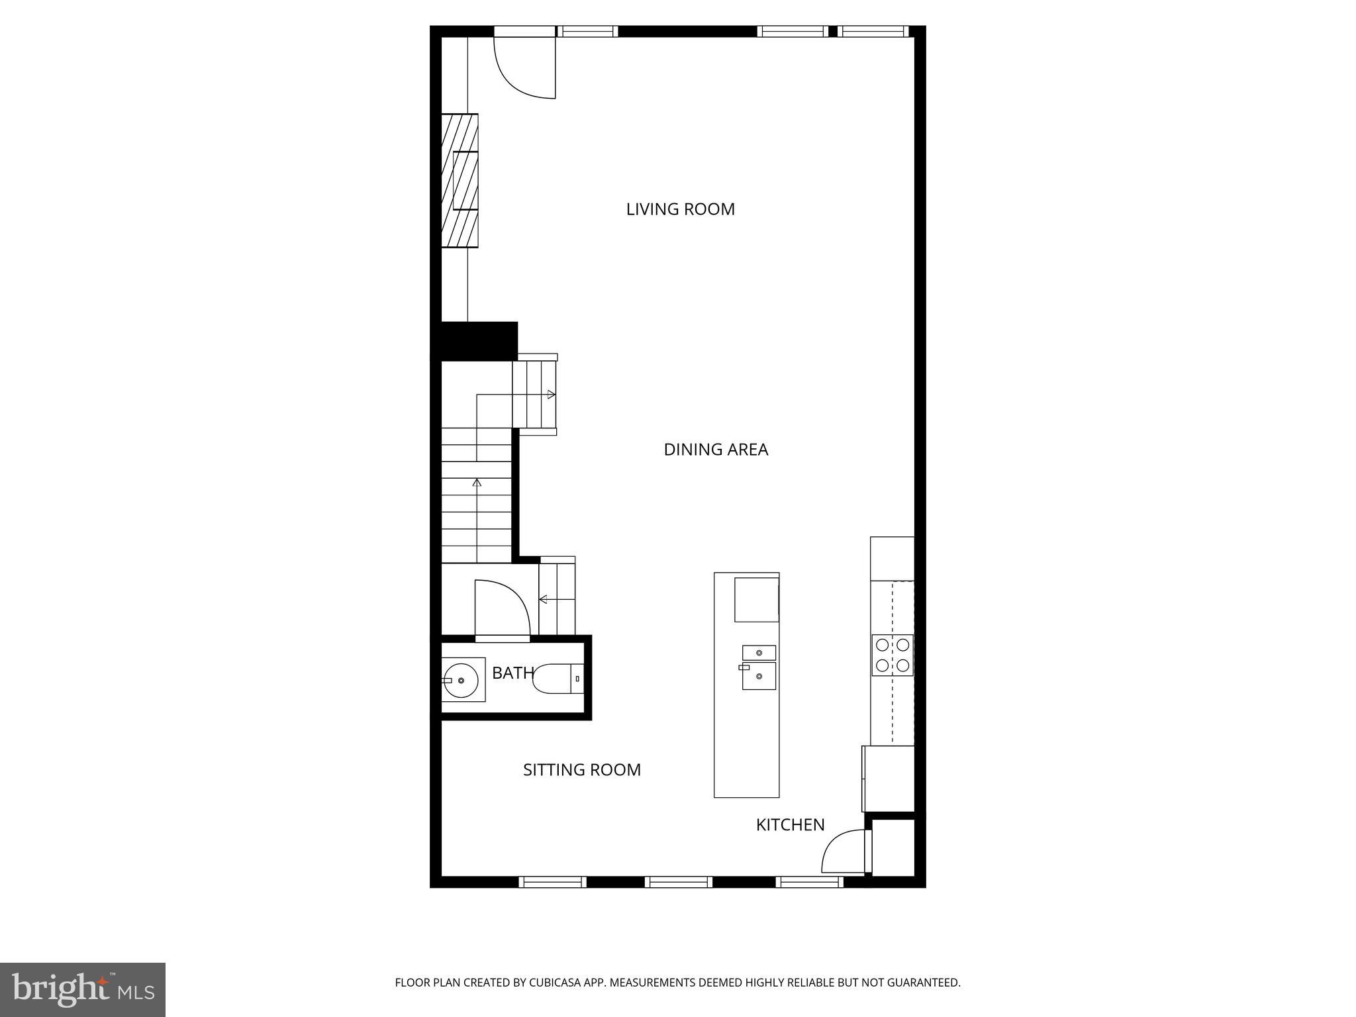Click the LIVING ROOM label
click(x=680, y=209)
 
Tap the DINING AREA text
click(x=715, y=450)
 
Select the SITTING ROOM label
click(x=581, y=770)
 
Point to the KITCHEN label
click(x=790, y=825)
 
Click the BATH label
click(x=512, y=673)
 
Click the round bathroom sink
click(x=461, y=680)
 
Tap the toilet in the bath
click(x=556, y=679)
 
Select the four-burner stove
click(x=892, y=655)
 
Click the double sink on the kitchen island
click(x=758, y=667)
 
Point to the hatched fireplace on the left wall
click(x=460, y=181)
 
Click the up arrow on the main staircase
click(x=477, y=483)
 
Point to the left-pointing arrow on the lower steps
click(x=544, y=600)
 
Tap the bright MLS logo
click(x=82, y=989)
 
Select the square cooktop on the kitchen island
click(x=756, y=599)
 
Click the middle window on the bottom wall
click(x=679, y=882)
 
